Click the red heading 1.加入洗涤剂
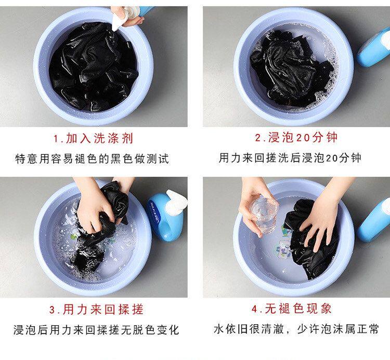point(93,138)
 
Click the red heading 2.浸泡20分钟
point(296,137)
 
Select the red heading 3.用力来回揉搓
point(96,309)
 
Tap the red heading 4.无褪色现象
point(292,309)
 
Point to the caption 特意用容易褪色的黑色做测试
point(92,159)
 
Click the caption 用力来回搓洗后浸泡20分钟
point(290,158)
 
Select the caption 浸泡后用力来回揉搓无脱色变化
point(96,330)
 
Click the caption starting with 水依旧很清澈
point(296,329)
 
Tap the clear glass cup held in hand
point(263,215)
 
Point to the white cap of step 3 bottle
point(177,202)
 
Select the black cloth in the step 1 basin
point(93,66)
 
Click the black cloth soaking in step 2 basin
point(292,69)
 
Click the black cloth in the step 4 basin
point(311,238)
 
